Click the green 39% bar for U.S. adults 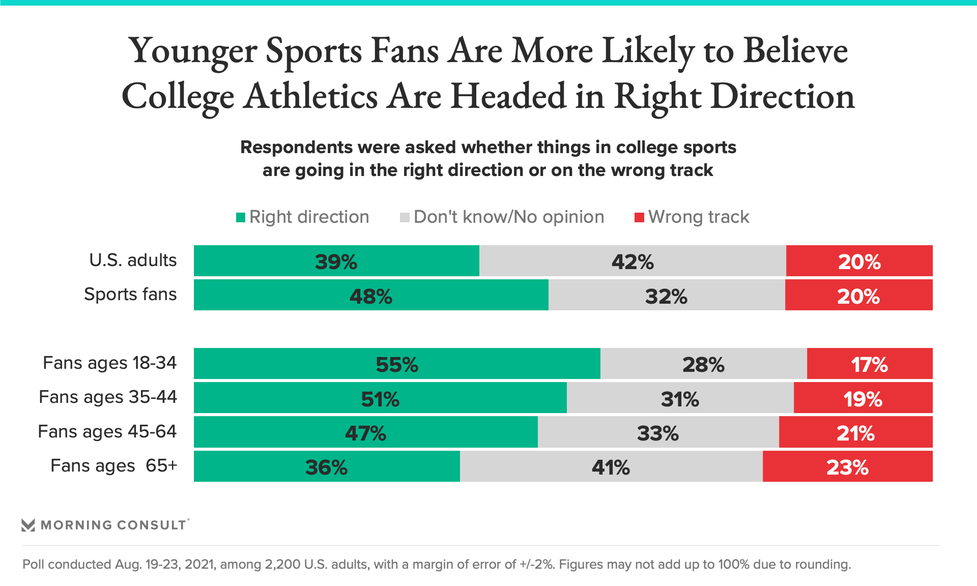point(336,261)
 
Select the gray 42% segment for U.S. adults point(633,261)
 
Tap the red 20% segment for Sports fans point(859,295)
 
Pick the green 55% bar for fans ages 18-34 point(397,364)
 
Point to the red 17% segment point(870,364)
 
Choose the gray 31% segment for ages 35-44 point(680,398)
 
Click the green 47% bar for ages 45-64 point(365,432)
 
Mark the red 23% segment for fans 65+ point(848,466)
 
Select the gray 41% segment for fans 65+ point(611,466)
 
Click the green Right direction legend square point(241,218)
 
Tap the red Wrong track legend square point(639,218)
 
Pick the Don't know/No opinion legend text point(509,217)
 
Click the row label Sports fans point(130,295)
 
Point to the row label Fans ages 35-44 point(108,397)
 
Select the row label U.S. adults point(133,260)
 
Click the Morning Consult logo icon point(28,525)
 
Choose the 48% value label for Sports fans point(371,296)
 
